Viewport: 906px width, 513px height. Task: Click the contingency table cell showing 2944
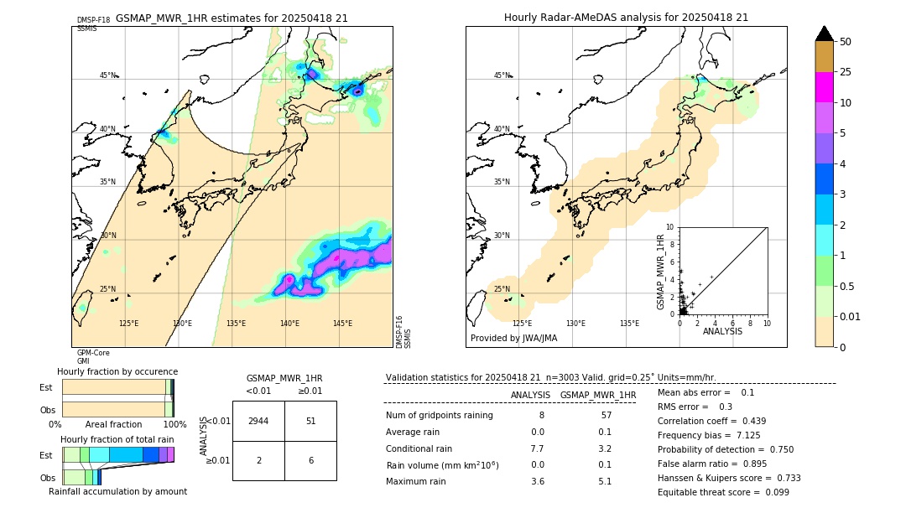coord(258,421)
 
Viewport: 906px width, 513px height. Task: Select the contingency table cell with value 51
coord(310,421)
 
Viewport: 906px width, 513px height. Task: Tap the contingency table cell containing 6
coord(310,461)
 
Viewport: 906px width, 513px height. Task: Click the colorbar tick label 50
coord(846,42)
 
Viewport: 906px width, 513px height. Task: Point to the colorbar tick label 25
coord(846,72)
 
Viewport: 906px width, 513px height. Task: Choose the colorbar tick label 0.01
coord(849,316)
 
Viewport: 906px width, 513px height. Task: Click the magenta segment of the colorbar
coord(824,87)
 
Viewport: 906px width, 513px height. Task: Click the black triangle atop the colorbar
coord(824,34)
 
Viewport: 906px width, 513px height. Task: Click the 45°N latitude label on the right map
coord(502,75)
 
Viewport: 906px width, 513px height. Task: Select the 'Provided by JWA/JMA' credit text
coord(513,339)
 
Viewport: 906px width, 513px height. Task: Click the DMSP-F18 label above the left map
coord(93,20)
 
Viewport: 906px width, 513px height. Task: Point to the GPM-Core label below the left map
coord(93,353)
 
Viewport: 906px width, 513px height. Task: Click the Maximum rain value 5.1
coord(604,481)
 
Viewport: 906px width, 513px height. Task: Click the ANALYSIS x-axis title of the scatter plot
coord(722,332)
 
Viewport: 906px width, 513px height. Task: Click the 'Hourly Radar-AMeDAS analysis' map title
coord(626,18)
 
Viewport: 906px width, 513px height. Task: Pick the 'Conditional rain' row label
coord(419,448)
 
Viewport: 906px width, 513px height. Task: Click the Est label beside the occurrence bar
coord(46,387)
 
